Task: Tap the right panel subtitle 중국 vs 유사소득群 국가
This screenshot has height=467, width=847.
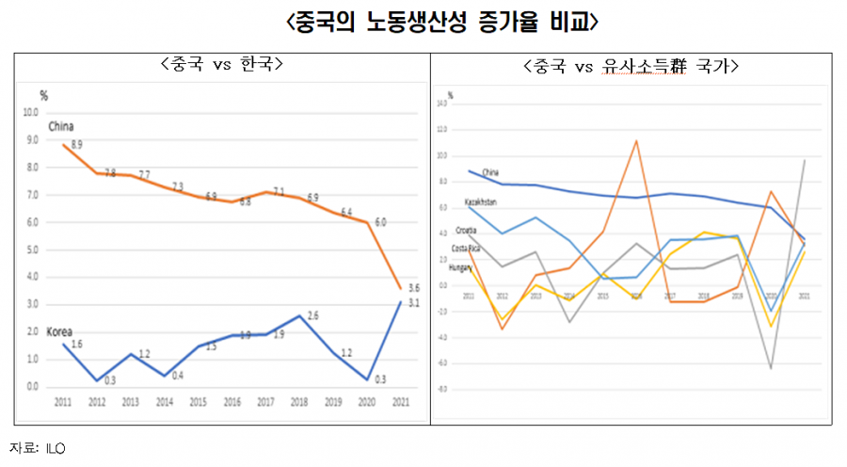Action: point(631,67)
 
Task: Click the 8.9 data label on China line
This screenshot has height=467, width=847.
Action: point(77,145)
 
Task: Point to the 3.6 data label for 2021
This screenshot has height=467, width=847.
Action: point(413,288)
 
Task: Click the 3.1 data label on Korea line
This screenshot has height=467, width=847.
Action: point(413,302)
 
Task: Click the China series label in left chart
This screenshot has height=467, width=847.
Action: point(61,126)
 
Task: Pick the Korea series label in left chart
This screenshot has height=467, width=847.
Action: point(60,331)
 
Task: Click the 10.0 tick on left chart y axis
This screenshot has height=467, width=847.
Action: point(31,112)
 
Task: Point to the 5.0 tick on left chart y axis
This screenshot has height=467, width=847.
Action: point(32,250)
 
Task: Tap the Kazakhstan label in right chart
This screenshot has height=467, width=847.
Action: point(481,201)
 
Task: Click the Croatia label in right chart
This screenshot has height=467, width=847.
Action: point(466,230)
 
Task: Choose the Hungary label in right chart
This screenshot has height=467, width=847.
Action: point(460,267)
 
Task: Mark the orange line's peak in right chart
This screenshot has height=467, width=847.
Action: point(636,141)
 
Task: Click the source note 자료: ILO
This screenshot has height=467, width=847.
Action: point(38,446)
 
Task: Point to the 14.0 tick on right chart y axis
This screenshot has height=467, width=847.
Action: point(442,103)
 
